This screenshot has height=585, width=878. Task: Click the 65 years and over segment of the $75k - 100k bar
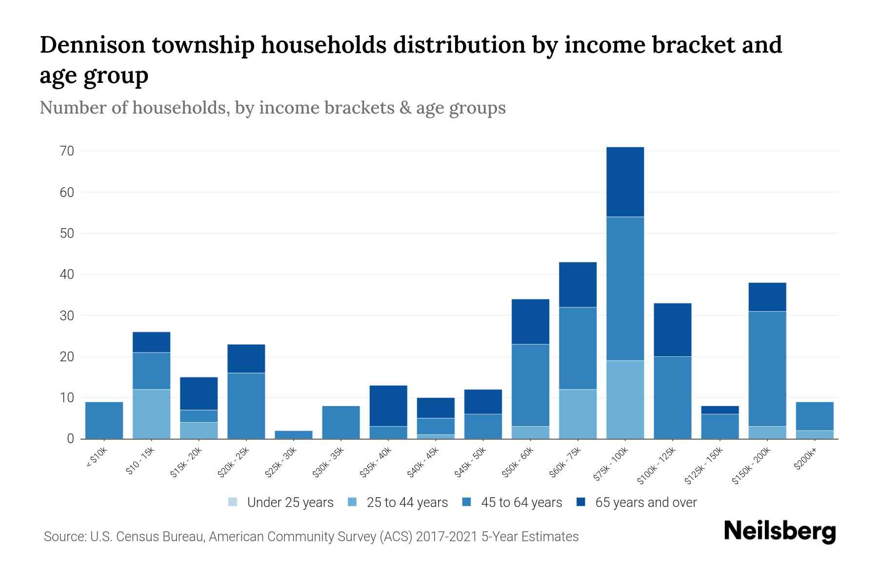pyautogui.click(x=625, y=181)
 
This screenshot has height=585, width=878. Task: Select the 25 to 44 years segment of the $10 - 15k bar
pyautogui.click(x=151, y=414)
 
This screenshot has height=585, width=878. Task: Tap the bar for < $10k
pyautogui.click(x=104, y=420)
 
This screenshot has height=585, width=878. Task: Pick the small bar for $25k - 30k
pyautogui.click(x=294, y=434)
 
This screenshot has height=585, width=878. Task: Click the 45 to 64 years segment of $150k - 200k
pyautogui.click(x=767, y=369)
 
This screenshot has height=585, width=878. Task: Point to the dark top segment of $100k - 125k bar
pyautogui.click(x=672, y=330)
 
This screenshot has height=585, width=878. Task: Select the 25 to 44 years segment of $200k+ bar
pyautogui.click(x=815, y=434)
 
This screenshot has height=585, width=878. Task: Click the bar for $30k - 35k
pyautogui.click(x=341, y=422)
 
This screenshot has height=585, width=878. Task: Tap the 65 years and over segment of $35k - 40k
pyautogui.click(x=388, y=406)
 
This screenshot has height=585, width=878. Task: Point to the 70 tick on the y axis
pyautogui.click(x=67, y=151)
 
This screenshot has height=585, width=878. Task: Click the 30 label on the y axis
pyautogui.click(x=67, y=316)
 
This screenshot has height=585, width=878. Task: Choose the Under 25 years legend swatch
pyautogui.click(x=233, y=502)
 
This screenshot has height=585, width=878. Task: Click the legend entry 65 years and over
pyautogui.click(x=645, y=502)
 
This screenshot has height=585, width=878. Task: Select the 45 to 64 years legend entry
pyautogui.click(x=521, y=502)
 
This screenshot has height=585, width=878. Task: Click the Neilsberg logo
pyautogui.click(x=779, y=532)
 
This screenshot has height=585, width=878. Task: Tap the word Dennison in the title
pyautogui.click(x=92, y=45)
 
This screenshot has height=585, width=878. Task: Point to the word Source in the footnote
pyautogui.click(x=63, y=537)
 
